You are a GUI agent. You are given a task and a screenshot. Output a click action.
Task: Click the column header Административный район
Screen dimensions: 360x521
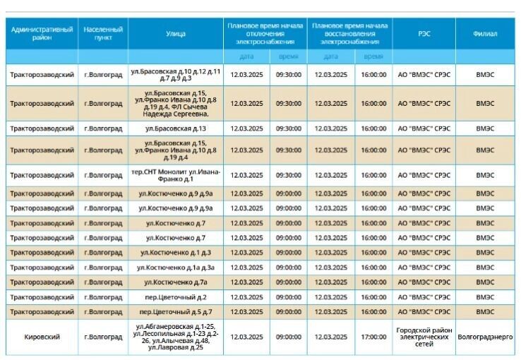pyautogui.click(x=42, y=33)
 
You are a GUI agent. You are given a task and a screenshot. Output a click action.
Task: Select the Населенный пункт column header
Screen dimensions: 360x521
pyautogui.click(x=103, y=33)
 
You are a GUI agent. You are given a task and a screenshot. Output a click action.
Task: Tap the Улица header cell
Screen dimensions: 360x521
pyautogui.click(x=176, y=33)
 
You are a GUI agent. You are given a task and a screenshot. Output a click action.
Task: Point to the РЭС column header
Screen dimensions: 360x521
pyautogui.click(x=424, y=33)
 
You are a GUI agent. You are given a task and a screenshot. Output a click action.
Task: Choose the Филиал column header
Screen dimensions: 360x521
pyautogui.click(x=485, y=33)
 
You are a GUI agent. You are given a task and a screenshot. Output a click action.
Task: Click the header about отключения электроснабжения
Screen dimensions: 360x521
pyautogui.click(x=265, y=33)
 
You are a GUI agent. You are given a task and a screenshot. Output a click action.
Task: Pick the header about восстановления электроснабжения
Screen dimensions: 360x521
pyautogui.click(x=349, y=33)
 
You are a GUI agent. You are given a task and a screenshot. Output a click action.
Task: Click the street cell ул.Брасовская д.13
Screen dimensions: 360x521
pyautogui.click(x=176, y=128)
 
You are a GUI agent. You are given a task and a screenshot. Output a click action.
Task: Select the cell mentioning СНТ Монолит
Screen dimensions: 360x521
pyautogui.click(x=176, y=175)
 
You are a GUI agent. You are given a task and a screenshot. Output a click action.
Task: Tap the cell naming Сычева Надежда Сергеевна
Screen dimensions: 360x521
pyautogui.click(x=176, y=103)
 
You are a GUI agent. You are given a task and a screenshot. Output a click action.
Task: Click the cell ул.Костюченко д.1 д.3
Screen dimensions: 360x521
pyautogui.click(x=176, y=252)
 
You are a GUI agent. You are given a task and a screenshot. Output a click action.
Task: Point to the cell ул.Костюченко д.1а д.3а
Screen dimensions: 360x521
pyautogui.click(x=176, y=267)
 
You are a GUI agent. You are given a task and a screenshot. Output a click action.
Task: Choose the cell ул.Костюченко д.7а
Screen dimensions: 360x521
pyautogui.click(x=176, y=282)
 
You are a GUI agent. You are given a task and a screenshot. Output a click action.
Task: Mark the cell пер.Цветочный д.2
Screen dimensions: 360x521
pyautogui.click(x=176, y=296)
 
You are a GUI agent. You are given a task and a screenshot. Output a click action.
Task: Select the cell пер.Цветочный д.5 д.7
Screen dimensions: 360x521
pyautogui.click(x=176, y=311)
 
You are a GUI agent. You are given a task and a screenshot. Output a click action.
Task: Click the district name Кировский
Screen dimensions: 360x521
pyautogui.click(x=42, y=337)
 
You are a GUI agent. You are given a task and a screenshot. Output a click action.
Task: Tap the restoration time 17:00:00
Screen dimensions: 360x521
pyautogui.click(x=373, y=337)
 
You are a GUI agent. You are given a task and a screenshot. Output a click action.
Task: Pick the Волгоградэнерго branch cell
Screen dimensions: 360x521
pyautogui.click(x=485, y=337)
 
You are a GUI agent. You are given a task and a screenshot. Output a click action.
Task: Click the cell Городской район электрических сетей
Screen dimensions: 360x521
pyautogui.click(x=424, y=337)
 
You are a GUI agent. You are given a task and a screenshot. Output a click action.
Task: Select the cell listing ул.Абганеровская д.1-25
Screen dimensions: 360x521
pyautogui.click(x=176, y=337)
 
